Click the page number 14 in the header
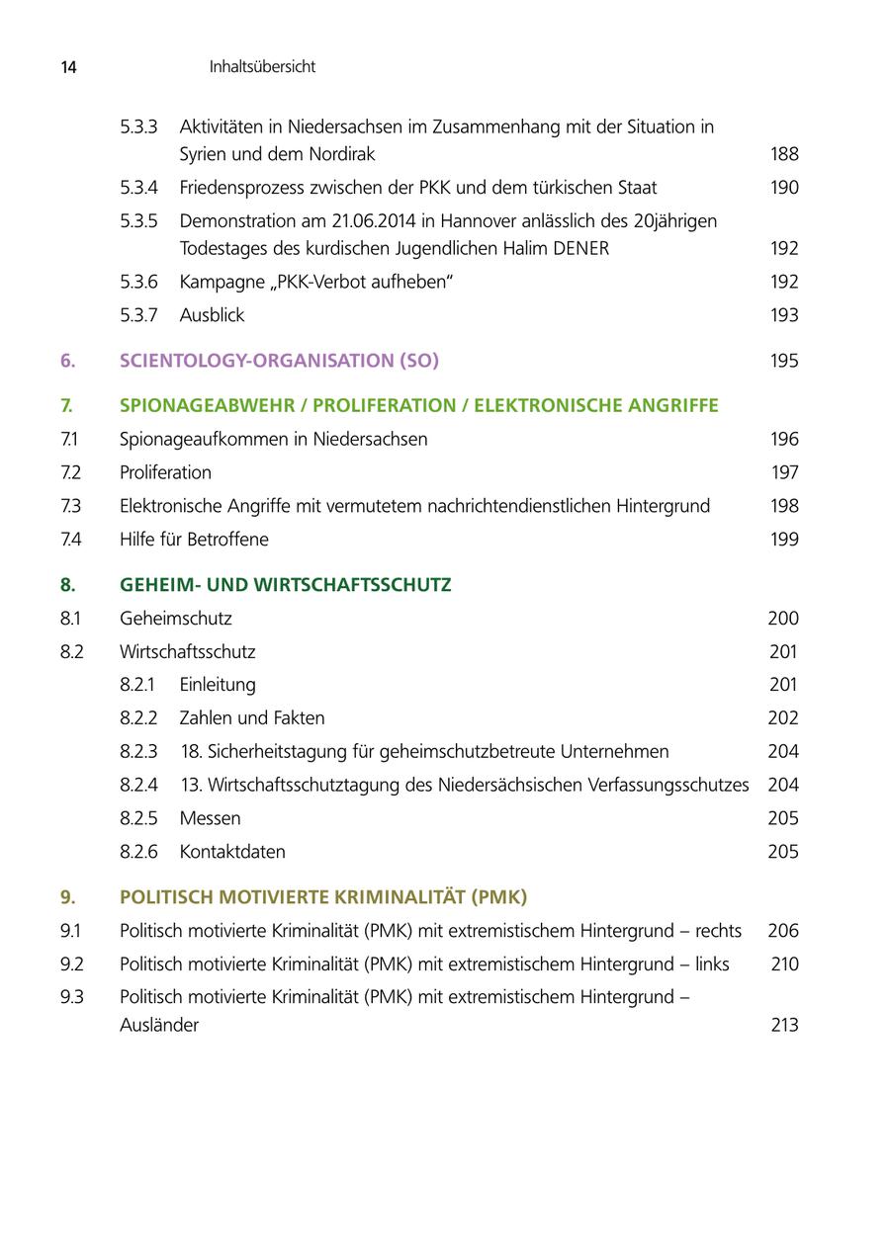coord(68,67)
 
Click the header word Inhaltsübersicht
coord(262,67)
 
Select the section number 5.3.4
coord(138,188)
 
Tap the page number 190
coord(784,188)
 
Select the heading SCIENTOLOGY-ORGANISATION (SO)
coord(279,361)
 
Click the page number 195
coord(784,361)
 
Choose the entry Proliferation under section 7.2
coord(165,472)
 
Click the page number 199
coord(784,540)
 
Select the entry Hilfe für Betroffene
coord(194,540)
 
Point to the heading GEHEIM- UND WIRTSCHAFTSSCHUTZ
coord(285,585)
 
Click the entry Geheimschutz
coord(176,619)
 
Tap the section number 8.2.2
coord(138,718)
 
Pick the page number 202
coord(783,718)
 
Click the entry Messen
coord(210,818)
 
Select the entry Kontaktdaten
coord(232,852)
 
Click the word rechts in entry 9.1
coord(718,931)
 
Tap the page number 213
coord(784,1025)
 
